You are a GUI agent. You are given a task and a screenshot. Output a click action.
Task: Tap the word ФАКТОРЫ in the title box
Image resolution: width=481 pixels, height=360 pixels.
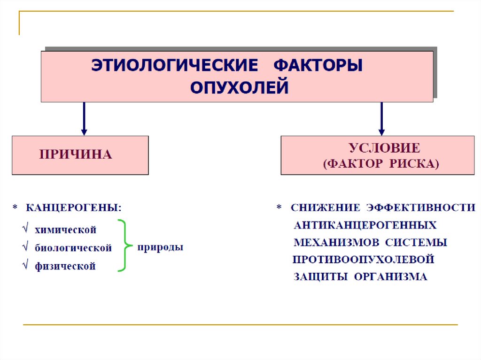[x=318, y=65]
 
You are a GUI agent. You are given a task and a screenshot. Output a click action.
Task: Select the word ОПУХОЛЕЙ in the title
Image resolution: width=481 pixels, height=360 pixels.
[x=239, y=88]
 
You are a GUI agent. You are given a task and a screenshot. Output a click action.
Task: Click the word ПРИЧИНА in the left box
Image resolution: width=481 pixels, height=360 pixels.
[x=75, y=154]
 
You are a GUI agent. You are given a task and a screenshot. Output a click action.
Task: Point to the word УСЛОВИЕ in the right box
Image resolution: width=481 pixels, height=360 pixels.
[x=384, y=148]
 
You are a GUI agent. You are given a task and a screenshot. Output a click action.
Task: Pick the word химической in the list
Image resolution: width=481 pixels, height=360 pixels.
[x=65, y=230]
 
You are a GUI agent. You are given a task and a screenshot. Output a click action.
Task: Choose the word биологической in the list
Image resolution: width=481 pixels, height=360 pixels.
[x=73, y=248]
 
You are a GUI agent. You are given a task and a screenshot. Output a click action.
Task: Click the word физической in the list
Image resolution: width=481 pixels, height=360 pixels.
[x=65, y=266]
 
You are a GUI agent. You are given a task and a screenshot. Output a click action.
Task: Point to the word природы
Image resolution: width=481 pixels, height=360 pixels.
[x=160, y=247]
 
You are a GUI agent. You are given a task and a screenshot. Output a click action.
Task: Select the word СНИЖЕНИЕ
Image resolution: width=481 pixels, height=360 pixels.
[x=326, y=207]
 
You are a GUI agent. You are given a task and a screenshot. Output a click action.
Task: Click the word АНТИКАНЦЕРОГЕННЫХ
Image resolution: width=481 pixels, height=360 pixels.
[x=365, y=225]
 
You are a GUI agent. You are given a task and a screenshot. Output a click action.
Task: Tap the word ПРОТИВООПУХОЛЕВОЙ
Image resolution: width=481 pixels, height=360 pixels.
[x=363, y=259]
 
